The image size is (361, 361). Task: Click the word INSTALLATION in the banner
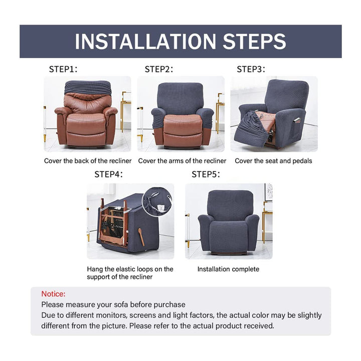(145, 42)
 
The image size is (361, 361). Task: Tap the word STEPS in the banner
(254, 42)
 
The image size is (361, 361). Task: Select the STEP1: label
(63, 69)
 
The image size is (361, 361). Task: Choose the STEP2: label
(159, 69)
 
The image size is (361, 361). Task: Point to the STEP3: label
(251, 69)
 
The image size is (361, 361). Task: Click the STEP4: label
(109, 174)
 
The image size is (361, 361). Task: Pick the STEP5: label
(206, 174)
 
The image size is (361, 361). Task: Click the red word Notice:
(54, 294)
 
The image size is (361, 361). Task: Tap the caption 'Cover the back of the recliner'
(88, 161)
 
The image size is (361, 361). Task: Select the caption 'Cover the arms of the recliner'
(182, 161)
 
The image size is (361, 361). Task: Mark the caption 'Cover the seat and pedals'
(274, 161)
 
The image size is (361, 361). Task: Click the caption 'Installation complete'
(229, 269)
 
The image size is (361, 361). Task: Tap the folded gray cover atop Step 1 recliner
(88, 87)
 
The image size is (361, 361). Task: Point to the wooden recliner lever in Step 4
(141, 237)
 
